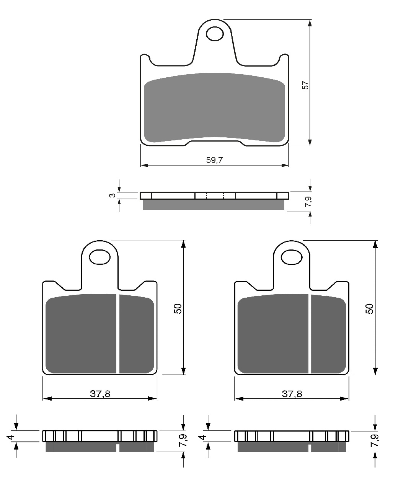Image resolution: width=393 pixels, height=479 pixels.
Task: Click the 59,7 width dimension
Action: click(214, 160)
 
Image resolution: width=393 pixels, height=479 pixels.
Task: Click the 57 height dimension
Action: click(305, 85)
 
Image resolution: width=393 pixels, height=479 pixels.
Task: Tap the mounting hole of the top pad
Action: click(215, 34)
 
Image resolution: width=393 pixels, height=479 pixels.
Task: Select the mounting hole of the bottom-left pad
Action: click(100, 257)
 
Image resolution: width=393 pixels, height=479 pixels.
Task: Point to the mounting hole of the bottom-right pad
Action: click(292, 257)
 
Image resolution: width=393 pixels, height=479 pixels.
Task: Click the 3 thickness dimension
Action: click(113, 195)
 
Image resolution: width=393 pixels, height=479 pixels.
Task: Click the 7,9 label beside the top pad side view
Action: click(308, 202)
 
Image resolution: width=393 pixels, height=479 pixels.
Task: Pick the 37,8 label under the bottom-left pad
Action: click(100, 394)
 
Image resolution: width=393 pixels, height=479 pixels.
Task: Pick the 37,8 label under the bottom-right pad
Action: click(292, 394)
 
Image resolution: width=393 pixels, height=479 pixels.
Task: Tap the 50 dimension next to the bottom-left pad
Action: click(178, 309)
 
